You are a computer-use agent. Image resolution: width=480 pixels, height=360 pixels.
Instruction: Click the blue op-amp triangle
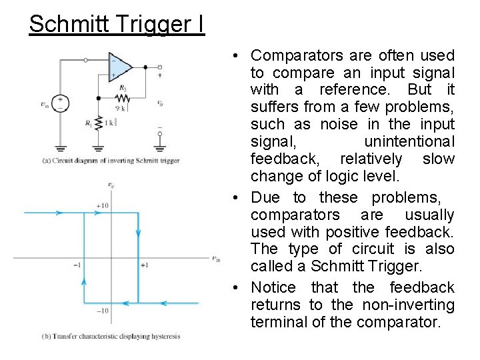(x=119, y=67)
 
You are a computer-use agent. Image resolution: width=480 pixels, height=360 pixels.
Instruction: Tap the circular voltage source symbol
(x=61, y=103)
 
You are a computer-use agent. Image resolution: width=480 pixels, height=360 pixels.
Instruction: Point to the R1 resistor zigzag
(x=99, y=123)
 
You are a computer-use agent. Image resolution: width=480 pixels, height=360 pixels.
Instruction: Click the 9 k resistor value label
(x=120, y=107)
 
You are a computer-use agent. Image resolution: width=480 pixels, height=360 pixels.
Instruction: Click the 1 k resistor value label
(x=110, y=122)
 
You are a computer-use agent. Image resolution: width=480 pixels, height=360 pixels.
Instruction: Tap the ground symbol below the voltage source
(x=61, y=147)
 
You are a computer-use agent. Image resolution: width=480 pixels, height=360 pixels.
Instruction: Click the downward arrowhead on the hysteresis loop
(x=138, y=234)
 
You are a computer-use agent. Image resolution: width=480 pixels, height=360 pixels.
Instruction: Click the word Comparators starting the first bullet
(x=297, y=55)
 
